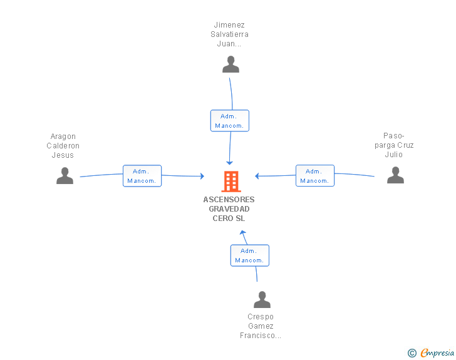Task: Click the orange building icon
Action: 231,182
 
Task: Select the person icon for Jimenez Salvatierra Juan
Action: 231,64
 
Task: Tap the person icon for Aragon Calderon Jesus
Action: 65,176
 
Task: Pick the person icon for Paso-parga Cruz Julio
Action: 395,175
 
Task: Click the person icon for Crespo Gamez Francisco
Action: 262,299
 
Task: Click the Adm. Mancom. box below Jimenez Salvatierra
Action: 230,121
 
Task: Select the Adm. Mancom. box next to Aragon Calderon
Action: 142,176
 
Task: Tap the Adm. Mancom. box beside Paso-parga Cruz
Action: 315,176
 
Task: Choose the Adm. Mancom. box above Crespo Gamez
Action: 250,255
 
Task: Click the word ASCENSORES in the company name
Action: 229,200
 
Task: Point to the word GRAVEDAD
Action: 229,208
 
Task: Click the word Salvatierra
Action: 229,34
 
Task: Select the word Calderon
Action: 63,146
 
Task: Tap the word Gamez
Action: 261,326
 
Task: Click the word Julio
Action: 394,155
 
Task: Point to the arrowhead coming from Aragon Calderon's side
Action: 202,176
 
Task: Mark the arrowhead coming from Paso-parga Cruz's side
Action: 257,176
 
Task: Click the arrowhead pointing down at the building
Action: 229,163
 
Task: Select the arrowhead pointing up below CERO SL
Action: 243,232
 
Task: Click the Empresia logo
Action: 431,352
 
